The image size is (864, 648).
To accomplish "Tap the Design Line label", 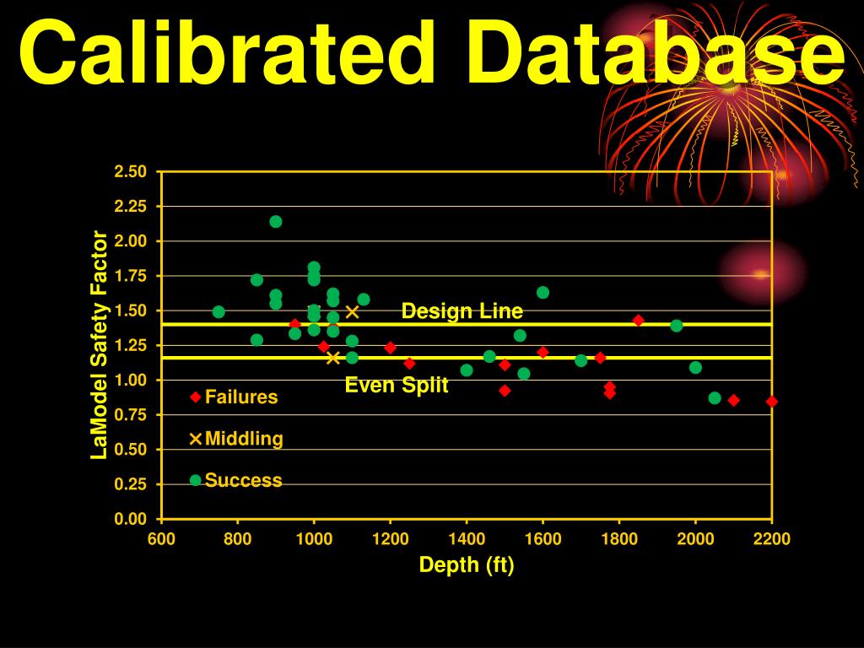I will (x=462, y=311).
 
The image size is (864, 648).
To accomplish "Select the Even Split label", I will (x=397, y=386).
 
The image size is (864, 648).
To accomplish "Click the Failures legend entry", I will (x=240, y=397).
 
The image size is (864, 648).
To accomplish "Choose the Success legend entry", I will (x=243, y=480).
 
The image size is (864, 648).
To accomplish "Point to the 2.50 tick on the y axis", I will (x=131, y=172).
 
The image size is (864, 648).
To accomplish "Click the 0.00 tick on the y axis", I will (x=131, y=519).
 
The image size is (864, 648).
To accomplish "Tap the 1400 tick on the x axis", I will (x=467, y=539).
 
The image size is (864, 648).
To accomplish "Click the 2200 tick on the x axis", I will (x=772, y=539).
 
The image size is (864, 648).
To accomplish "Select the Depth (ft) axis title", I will (x=467, y=565).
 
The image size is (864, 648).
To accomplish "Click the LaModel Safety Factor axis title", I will (x=100, y=345).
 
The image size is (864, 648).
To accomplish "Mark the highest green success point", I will (x=276, y=222).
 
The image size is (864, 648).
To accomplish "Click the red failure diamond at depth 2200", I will (x=771, y=402).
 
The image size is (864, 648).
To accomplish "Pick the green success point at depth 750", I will (x=219, y=311).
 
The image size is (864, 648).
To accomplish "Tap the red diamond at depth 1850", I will (x=638, y=321).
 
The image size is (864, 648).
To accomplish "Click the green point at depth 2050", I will (x=715, y=398).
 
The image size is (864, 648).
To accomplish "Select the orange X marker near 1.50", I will (x=353, y=311).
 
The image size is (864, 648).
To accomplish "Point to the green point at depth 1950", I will (x=676, y=326).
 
